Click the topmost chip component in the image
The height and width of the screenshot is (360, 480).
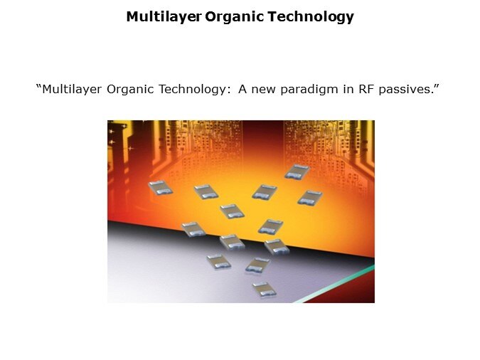pos(296,171)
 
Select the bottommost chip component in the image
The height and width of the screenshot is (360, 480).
pos(263,289)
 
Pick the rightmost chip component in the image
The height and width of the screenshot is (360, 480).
pos(309,197)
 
